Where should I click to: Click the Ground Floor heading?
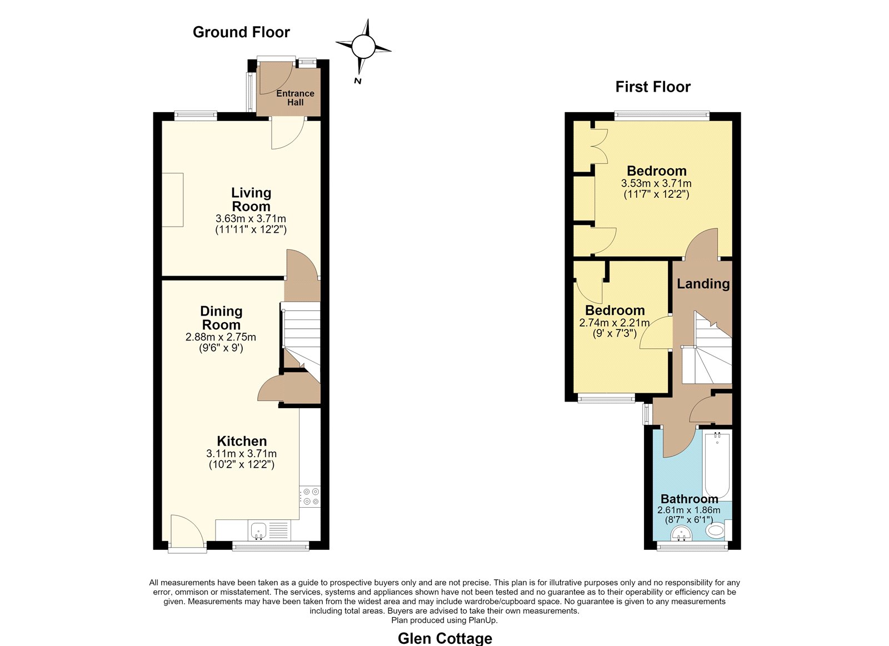(241, 32)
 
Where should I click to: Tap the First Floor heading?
(653, 87)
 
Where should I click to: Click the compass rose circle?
(363, 47)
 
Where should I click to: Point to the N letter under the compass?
(358, 81)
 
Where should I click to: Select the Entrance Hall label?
(295, 98)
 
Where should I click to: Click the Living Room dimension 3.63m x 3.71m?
(251, 219)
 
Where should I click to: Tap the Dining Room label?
(221, 318)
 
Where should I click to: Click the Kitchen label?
(242, 441)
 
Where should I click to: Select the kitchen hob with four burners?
(311, 497)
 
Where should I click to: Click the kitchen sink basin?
(258, 530)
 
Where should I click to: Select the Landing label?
(703, 284)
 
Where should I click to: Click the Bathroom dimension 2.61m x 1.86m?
(689, 510)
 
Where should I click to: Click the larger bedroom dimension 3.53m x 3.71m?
(656, 184)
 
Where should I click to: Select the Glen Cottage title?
(445, 638)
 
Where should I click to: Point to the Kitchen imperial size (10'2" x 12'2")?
(242, 465)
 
